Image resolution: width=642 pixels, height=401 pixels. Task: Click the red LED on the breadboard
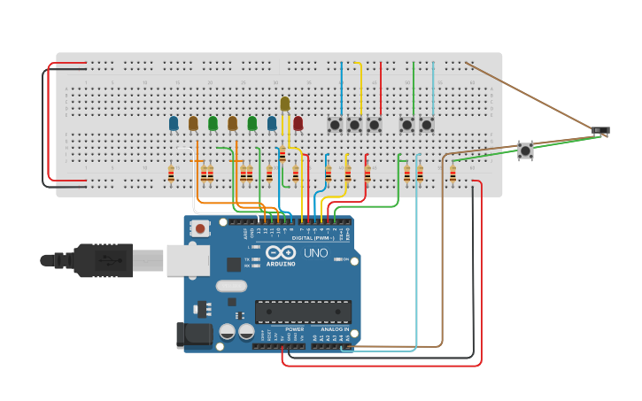point(298,123)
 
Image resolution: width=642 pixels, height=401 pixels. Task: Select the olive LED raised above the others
point(285,104)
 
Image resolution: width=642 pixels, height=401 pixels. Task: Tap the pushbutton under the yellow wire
point(354,125)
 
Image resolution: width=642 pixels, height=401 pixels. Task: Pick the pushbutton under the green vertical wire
point(406,125)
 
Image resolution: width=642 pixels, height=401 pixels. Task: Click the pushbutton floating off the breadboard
point(525,150)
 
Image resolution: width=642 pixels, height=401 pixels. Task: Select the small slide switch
point(600,131)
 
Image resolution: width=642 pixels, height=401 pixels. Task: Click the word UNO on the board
point(316,253)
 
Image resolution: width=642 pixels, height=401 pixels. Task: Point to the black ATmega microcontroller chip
point(303,312)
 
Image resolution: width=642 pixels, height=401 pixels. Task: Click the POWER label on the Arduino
point(294,328)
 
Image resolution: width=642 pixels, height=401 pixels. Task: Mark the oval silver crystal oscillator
point(230,286)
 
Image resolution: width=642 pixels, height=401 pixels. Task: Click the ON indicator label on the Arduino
point(346,258)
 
